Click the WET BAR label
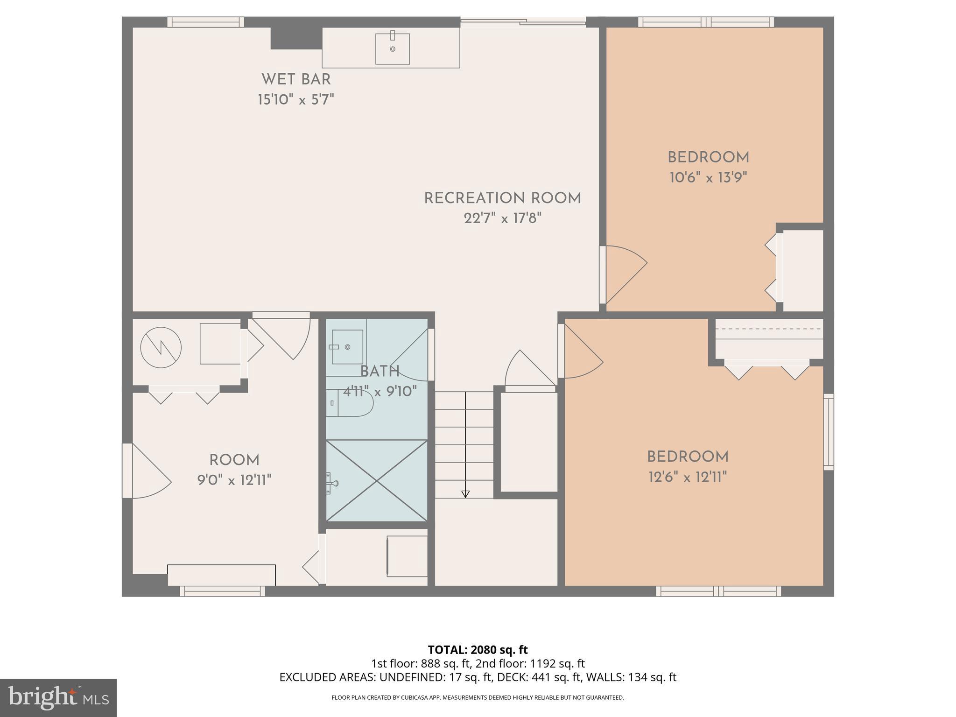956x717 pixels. point(296,79)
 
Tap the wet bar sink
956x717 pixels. point(393,49)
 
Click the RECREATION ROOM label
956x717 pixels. point(502,198)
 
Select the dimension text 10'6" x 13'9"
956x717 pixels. point(708,178)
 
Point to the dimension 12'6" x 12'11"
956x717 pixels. point(688,477)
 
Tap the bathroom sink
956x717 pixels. point(347,347)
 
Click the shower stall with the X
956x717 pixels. point(376,480)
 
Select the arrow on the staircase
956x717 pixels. point(465,494)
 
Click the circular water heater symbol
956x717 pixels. point(161,347)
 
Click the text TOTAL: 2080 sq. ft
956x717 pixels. point(478,650)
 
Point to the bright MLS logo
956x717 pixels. point(58,697)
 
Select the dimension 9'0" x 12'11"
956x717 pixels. point(234,480)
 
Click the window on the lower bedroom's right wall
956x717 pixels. point(828,432)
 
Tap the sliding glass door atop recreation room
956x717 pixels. point(523,21)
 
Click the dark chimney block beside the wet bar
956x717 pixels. point(296,38)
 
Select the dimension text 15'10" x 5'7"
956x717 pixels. point(296,100)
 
